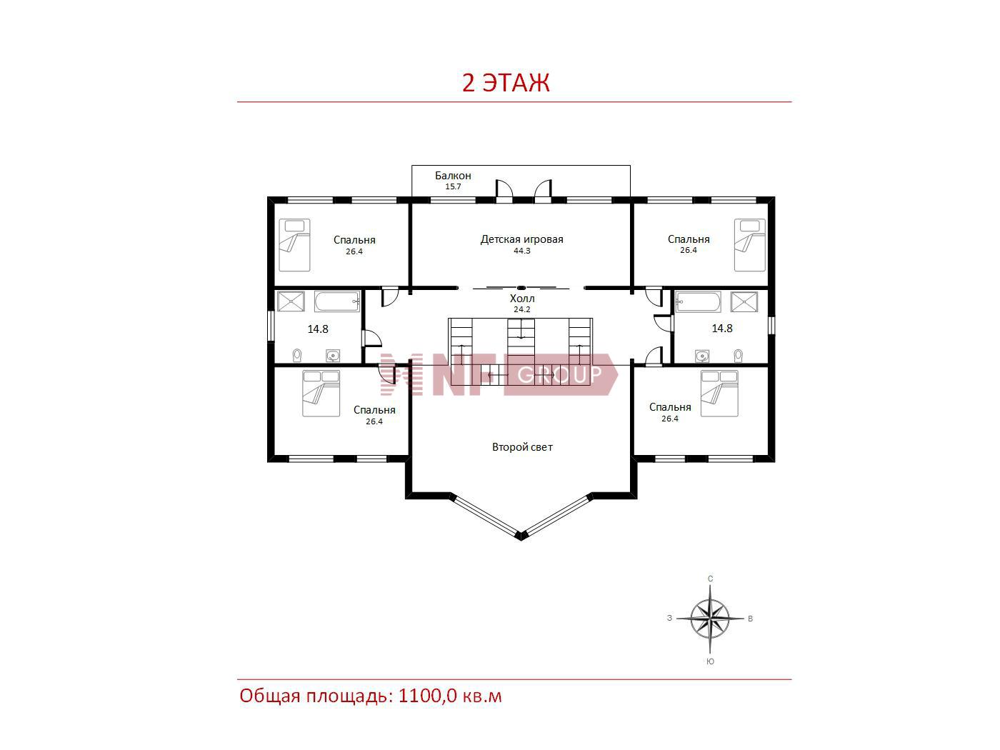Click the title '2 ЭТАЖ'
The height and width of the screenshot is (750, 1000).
click(x=506, y=83)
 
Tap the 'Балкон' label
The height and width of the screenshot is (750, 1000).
click(x=453, y=175)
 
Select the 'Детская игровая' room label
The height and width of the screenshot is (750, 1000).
click(x=521, y=239)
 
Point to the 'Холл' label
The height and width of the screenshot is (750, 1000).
click(x=522, y=299)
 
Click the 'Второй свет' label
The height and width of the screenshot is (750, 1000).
click(x=522, y=446)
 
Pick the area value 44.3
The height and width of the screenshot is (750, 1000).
click(x=522, y=251)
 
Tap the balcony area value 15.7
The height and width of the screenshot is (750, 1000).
click(x=453, y=186)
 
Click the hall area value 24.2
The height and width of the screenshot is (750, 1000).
click(x=522, y=309)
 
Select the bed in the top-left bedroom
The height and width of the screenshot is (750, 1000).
click(x=294, y=245)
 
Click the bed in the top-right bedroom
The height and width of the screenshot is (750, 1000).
click(x=749, y=245)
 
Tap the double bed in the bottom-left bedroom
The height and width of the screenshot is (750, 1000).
click(x=321, y=394)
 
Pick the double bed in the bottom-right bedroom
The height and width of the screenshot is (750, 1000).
click(x=719, y=394)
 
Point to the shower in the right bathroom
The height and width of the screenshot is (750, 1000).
click(x=744, y=302)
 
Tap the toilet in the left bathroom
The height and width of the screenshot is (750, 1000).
click(x=297, y=355)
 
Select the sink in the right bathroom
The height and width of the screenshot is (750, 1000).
click(x=702, y=356)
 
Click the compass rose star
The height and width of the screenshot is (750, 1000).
click(x=710, y=619)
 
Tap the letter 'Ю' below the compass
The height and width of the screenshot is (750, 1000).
click(x=710, y=661)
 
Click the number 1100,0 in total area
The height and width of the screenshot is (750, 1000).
click(x=427, y=696)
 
